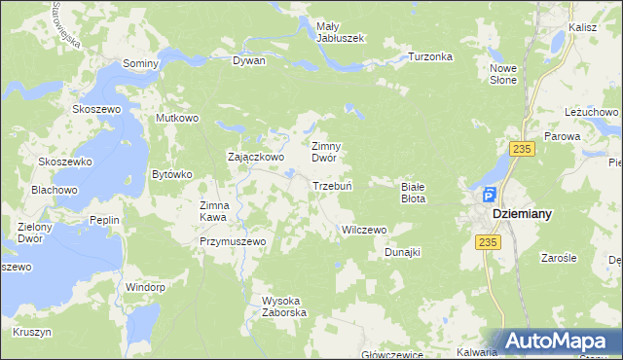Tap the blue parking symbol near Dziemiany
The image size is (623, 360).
point(489,194)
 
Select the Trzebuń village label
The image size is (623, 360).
point(331,186)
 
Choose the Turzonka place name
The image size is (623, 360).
point(430,56)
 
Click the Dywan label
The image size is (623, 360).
point(249,60)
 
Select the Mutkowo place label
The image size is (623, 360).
point(177,118)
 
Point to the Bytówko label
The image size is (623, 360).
point(172,175)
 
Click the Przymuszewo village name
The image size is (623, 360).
point(233,240)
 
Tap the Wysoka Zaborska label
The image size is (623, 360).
point(284,306)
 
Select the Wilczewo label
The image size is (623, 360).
point(363,231)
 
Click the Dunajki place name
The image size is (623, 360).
point(401,252)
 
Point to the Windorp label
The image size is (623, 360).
point(144,287)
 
